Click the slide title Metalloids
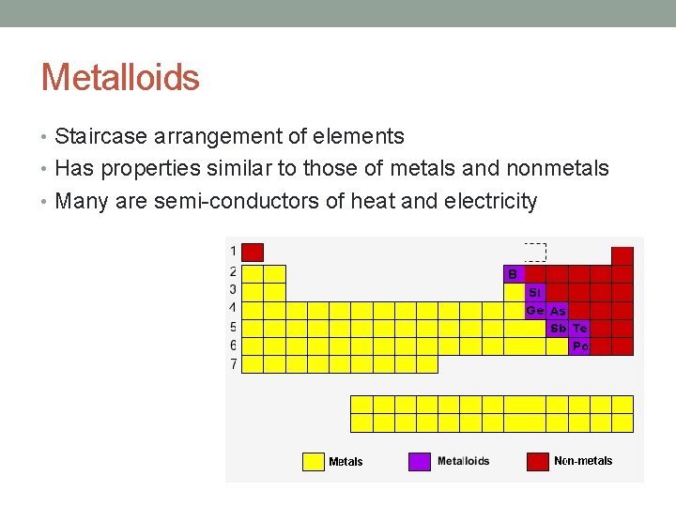[120, 77]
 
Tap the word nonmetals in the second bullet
[557, 169]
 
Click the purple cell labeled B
[513, 274]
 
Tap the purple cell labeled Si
[534, 292]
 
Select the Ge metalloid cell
[534, 311]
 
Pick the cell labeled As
[558, 311]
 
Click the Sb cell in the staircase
[558, 329]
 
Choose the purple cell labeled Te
[579, 329]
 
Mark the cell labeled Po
[579, 346]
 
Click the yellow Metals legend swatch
[313, 461]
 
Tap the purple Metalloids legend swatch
[420, 461]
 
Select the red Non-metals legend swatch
[537, 461]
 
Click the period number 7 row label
[233, 363]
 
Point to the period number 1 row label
[233, 251]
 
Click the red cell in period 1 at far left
[253, 252]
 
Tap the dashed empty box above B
[535, 252]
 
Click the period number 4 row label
[233, 307]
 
